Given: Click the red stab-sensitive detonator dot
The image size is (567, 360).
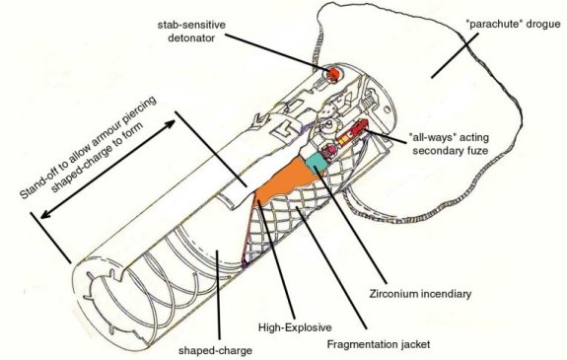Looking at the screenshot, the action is pyautogui.click(x=332, y=74).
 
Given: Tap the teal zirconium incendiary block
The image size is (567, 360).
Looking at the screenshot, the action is pyautogui.click(x=317, y=162).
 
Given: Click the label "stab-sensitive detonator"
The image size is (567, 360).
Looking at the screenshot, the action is pyautogui.click(x=191, y=32).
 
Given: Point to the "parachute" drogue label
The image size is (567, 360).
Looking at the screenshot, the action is pyautogui.click(x=514, y=25).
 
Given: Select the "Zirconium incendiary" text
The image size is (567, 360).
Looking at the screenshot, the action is pyautogui.click(x=420, y=294).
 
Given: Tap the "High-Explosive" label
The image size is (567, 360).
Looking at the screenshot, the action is pyautogui.click(x=295, y=327).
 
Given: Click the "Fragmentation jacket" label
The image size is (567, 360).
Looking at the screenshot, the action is pyautogui.click(x=379, y=344).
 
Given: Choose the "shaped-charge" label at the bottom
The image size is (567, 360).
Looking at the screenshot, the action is pyautogui.click(x=215, y=350).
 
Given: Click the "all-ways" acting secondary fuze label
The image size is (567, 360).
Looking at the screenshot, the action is pyautogui.click(x=450, y=144).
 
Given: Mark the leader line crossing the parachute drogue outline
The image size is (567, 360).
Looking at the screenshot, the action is pyautogui.click(x=455, y=55).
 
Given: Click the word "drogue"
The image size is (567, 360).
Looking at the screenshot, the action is pyautogui.click(x=544, y=25).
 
